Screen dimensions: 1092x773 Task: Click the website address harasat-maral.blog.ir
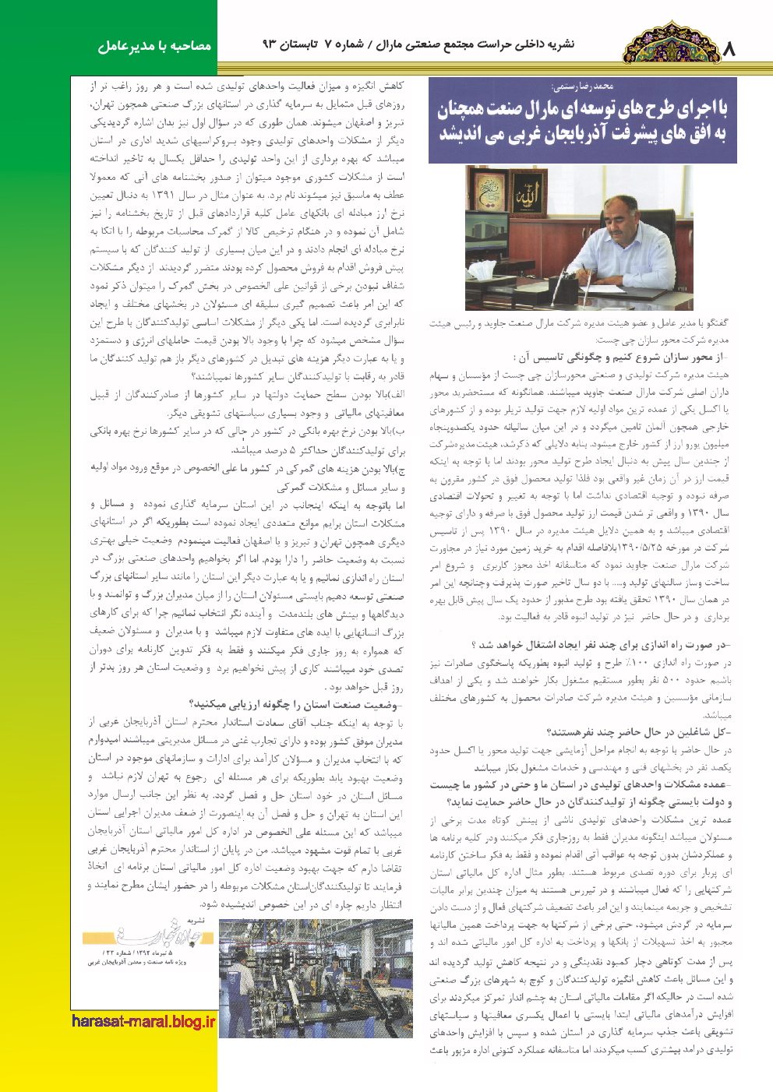[143, 1021]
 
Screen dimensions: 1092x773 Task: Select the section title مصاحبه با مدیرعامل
[155, 46]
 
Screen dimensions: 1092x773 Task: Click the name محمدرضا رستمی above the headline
[581, 86]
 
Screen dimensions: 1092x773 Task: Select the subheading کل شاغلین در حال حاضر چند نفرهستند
[639, 732]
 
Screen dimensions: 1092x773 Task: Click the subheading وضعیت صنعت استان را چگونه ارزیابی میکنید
[295, 705]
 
